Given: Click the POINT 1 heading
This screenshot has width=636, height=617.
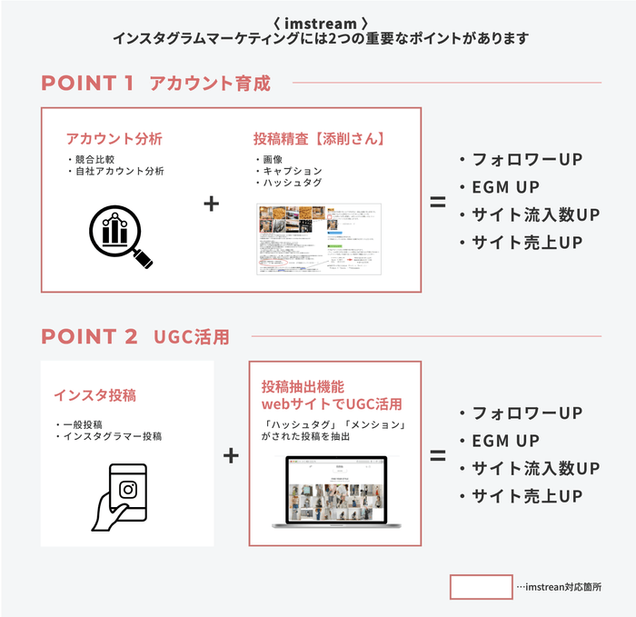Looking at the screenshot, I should (87, 84).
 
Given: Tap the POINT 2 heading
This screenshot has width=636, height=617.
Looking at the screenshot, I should (89, 336).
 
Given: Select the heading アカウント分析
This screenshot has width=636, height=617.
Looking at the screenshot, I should (114, 139).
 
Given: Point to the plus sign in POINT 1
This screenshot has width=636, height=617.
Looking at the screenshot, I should (211, 204).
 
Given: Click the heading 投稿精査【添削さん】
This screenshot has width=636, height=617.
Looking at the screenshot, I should (319, 139).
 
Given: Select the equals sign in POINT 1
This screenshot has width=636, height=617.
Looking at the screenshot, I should (438, 202).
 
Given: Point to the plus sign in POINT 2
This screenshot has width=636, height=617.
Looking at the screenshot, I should (231, 454).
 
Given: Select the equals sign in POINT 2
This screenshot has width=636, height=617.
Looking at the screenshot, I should (438, 454).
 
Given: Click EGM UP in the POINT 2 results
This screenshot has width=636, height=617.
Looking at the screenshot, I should (504, 442).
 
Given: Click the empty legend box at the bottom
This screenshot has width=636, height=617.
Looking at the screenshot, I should (481, 587).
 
